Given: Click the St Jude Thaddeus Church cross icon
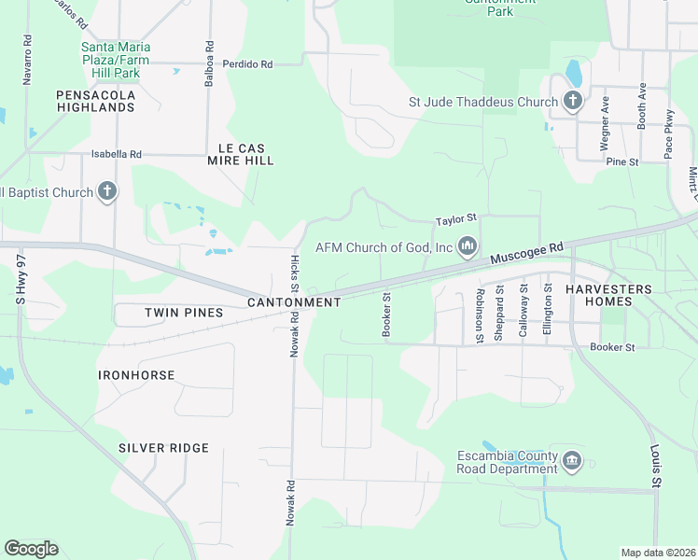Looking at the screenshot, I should tap(572, 102).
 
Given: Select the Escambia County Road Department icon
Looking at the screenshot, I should tap(571, 461).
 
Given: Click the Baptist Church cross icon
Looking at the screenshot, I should tap(107, 192).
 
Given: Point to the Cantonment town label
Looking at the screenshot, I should tap(294, 302).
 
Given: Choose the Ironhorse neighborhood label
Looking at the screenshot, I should tap(136, 374).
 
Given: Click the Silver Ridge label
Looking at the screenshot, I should tap(163, 448).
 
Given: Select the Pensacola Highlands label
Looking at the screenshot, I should tap(95, 101).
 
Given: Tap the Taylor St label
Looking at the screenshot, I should tap(455, 221).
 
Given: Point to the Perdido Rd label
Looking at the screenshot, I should tap(247, 64).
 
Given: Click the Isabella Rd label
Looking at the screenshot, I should tap(116, 154).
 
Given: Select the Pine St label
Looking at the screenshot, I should tap(621, 161).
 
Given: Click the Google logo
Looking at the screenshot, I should tap(31, 549).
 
